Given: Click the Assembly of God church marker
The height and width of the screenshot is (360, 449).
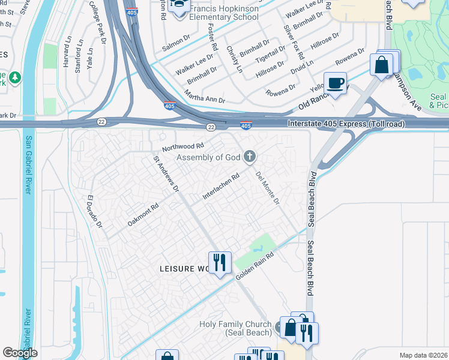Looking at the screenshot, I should [250, 158].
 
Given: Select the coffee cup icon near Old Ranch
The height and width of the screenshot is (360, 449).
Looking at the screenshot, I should [335, 83].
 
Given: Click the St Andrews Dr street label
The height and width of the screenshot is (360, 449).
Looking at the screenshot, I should [166, 175].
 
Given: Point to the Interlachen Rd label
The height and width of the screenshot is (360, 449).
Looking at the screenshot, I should [221, 187].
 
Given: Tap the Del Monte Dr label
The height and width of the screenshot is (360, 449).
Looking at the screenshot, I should [268, 188].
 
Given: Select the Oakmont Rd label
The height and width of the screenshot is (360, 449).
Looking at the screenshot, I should [143, 215].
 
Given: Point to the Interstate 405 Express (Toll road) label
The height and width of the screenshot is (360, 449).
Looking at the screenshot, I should [346, 124].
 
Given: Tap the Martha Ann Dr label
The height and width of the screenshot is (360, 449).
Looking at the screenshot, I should [205, 95].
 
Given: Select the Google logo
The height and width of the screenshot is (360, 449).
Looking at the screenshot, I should [20, 353].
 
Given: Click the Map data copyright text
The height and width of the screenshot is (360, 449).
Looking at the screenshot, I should [423, 355].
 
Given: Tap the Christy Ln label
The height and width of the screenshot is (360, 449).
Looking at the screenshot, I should [234, 60].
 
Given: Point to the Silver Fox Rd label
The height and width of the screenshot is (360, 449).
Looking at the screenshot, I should [294, 41].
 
